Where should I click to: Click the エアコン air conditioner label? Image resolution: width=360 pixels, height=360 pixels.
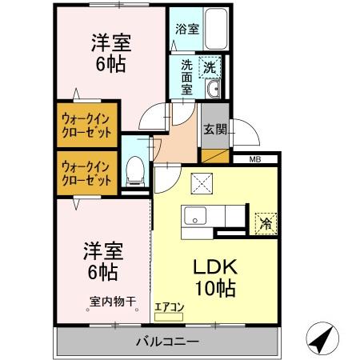pyautogui.click(x=170, y=306)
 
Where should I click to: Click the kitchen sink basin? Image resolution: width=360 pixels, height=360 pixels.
pyautogui.click(x=196, y=215)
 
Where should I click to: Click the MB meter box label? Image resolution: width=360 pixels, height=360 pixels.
pyautogui.click(x=254, y=160)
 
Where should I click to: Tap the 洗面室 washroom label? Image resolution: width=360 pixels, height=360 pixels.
pyautogui.click(x=186, y=78)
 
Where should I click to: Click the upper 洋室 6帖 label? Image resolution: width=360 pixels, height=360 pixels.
pyautogui.click(x=110, y=54)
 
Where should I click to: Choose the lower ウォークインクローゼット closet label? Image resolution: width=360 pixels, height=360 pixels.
pyautogui.click(x=86, y=173)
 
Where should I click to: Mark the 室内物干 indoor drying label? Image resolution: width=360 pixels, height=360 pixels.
pyautogui.click(x=113, y=302)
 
